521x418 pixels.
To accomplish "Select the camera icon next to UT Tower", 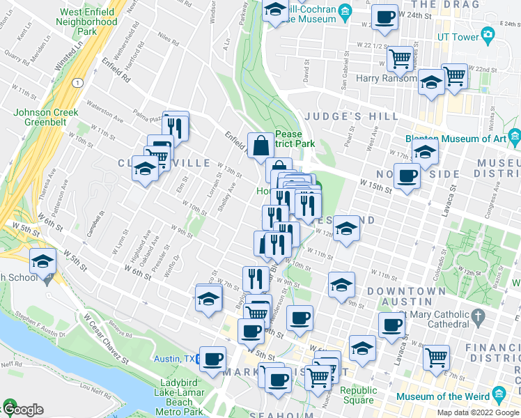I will [x=488, y=34].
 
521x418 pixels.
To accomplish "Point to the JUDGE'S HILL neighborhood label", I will [x=361, y=116].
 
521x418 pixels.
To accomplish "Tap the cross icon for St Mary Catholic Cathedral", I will [x=478, y=318].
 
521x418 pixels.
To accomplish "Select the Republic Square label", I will [x=359, y=396].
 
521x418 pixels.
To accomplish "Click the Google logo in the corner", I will [x=23, y=410].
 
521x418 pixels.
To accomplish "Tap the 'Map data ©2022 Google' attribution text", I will [x=477, y=412].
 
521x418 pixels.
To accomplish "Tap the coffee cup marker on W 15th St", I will [x=406, y=175].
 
